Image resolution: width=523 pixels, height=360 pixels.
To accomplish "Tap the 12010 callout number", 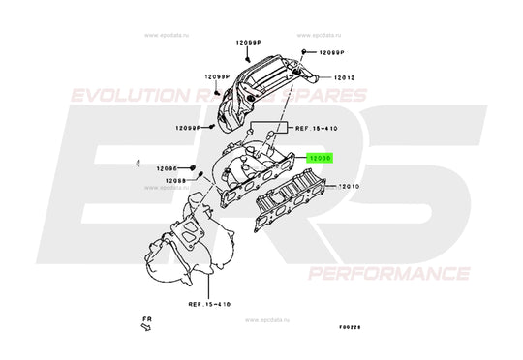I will pyautogui.click(x=348, y=182).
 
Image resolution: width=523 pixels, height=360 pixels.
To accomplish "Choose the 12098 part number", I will pyautogui.click(x=174, y=180).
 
